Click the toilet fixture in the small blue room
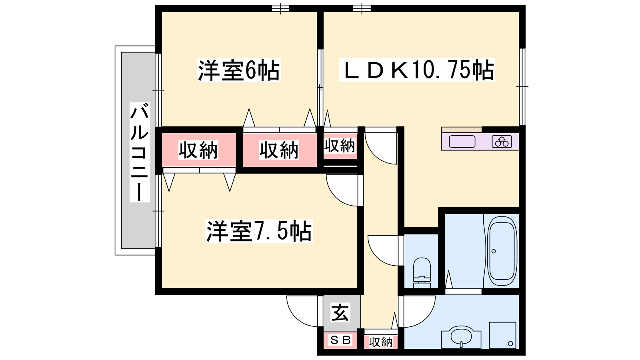click(422, 273)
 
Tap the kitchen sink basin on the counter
click(462, 142)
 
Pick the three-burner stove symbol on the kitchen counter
click(502, 142)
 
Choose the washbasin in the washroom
click(461, 338)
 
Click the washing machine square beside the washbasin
click(502, 336)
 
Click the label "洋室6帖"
click(238, 70)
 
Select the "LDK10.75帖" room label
click(417, 70)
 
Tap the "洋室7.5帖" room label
click(259, 231)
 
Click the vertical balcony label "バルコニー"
click(140, 152)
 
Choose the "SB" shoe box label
click(340, 340)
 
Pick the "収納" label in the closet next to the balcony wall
click(198, 150)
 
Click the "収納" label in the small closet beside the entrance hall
click(380, 342)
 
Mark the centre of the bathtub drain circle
click(494, 252)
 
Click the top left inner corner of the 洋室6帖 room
click(162, 12)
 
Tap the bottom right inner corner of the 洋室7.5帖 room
click(358, 288)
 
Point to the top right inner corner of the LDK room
click(519, 12)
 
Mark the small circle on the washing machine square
click(510, 344)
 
